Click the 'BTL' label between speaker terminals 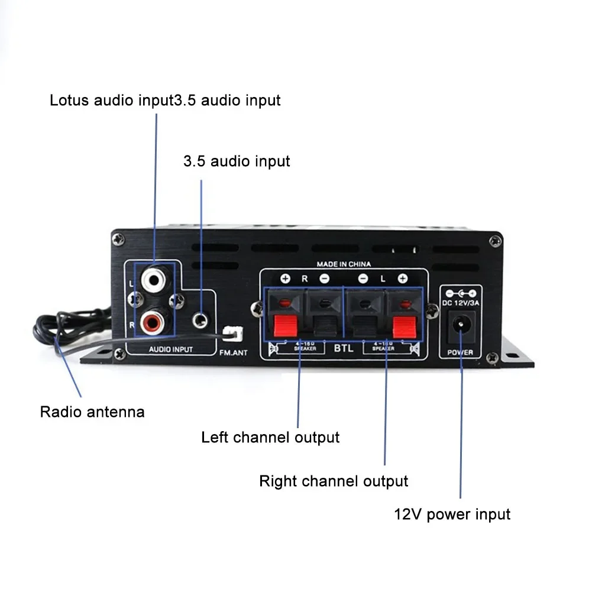pos(343,348)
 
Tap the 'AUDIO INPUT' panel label pos(170,350)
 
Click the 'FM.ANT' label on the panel pos(233,353)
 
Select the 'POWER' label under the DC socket pos(460,353)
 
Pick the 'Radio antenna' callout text pos(92,412)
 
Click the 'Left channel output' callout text pos(270,438)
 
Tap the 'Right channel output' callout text pos(334,481)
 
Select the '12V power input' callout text pos(452,514)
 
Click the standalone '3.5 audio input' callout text pos(237,161)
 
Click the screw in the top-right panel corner pos(491,239)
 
